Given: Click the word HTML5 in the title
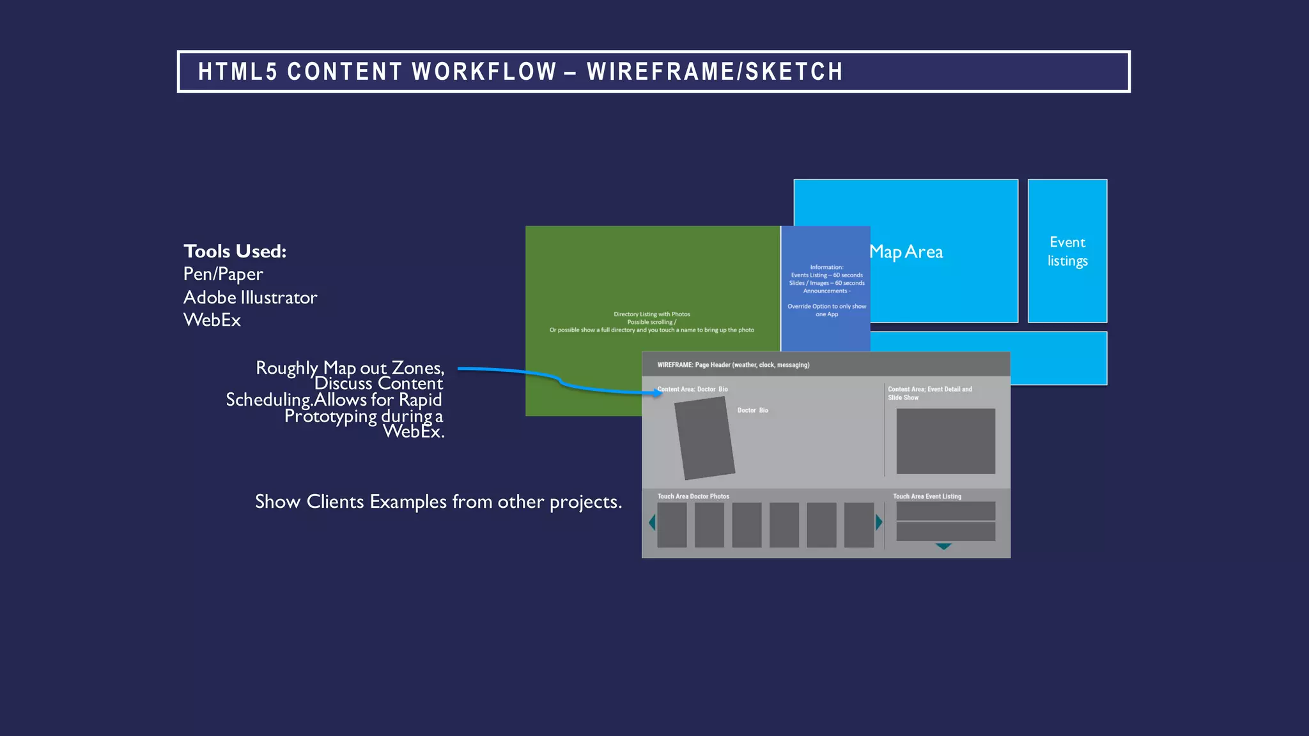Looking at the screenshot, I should pyautogui.click(x=237, y=72).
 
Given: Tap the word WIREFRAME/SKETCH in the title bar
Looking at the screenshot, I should pyautogui.click(x=715, y=72).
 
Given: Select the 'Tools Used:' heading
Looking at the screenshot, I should pyautogui.click(x=235, y=251).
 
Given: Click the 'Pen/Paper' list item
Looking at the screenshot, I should pyautogui.click(x=223, y=274).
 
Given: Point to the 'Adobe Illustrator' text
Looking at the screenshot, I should pyautogui.click(x=250, y=298).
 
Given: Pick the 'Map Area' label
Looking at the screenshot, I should pyautogui.click(x=906, y=252).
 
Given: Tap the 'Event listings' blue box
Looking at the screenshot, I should pyautogui.click(x=1067, y=251).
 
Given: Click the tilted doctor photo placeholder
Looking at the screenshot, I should pyautogui.click(x=704, y=438).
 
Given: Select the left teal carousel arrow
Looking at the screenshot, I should pyautogui.click(x=652, y=523).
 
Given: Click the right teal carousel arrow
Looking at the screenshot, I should pyautogui.click(x=879, y=523).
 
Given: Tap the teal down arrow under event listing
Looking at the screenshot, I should pyautogui.click(x=943, y=546).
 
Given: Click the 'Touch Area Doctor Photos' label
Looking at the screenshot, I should pyautogui.click(x=693, y=496).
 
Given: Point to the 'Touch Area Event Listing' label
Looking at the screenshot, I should pyautogui.click(x=927, y=496).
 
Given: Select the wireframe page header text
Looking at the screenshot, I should pyautogui.click(x=733, y=365).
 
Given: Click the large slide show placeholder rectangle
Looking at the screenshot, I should pyautogui.click(x=945, y=441).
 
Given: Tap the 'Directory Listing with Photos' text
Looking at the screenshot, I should pyautogui.click(x=651, y=314).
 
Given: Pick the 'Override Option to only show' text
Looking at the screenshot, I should pyautogui.click(x=826, y=307).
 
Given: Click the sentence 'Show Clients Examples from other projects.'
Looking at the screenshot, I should pyautogui.click(x=438, y=502).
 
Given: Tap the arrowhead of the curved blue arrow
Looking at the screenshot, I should pyautogui.click(x=658, y=393).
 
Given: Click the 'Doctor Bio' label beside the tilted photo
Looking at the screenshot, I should pyautogui.click(x=753, y=410).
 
